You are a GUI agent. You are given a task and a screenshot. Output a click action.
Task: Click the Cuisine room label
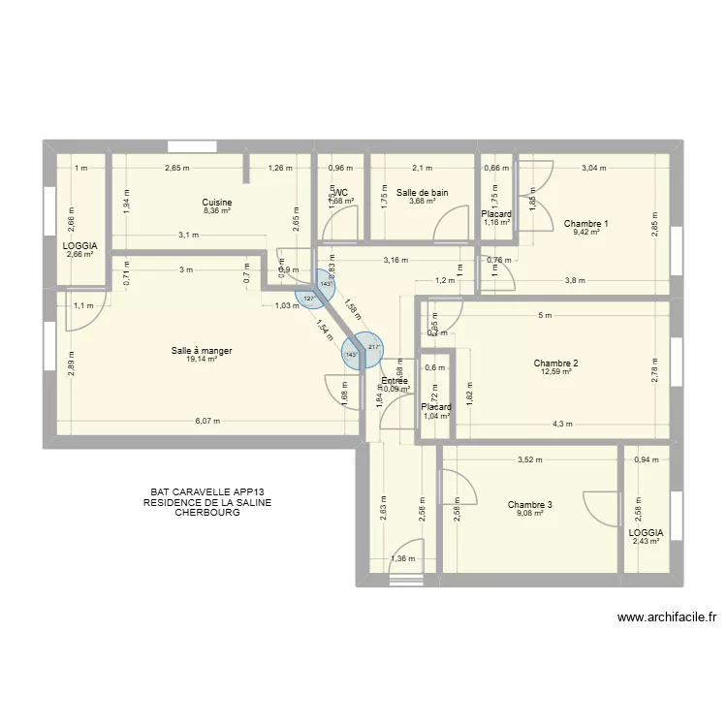click(217, 203)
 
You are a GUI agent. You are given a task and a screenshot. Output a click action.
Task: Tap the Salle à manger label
click(202, 351)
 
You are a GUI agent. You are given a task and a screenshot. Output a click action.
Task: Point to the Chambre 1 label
click(585, 224)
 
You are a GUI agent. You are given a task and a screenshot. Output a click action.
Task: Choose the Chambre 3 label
click(530, 504)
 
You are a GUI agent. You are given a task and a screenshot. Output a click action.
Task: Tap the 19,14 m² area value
click(202, 360)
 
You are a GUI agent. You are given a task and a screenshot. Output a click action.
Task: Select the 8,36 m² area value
click(217, 211)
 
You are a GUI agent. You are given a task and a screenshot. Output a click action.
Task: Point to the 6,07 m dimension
click(207, 422)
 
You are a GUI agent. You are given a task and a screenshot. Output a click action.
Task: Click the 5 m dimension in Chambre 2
click(545, 315)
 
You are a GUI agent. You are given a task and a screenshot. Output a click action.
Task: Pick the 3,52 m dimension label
click(529, 460)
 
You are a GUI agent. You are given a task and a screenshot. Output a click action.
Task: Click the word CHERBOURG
click(206, 513)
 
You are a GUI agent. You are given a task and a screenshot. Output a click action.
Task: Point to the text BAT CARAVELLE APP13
click(206, 492)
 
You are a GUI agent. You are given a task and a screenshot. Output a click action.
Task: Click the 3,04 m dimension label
click(593, 168)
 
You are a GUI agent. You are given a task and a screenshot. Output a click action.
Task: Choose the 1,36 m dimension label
click(400, 558)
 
